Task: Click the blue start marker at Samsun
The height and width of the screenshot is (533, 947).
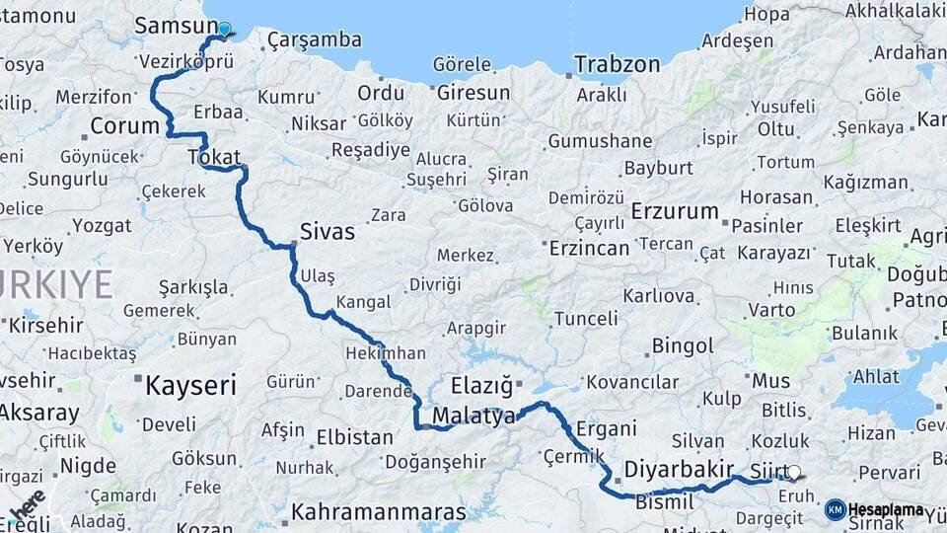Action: (x=224, y=30)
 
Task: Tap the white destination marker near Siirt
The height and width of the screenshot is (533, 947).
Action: (x=794, y=473)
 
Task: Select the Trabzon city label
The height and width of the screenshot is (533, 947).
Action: (x=618, y=64)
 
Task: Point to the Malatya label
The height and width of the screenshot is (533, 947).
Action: (x=473, y=416)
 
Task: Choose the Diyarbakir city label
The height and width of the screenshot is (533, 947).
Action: (x=680, y=468)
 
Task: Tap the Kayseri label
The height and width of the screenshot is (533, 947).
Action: (x=190, y=384)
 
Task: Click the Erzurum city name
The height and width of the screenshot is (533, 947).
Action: (x=675, y=211)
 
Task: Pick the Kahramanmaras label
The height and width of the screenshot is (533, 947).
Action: (x=378, y=513)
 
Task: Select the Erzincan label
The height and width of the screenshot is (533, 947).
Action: (x=589, y=248)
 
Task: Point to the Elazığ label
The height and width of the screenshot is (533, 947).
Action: (x=482, y=385)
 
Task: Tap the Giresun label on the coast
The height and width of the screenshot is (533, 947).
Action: (x=473, y=93)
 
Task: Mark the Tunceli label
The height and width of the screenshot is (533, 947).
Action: (x=586, y=319)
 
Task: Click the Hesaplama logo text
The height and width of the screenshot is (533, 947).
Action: (x=886, y=509)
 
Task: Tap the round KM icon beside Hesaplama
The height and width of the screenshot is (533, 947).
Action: (x=835, y=509)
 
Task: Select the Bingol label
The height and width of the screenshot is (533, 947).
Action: (x=682, y=346)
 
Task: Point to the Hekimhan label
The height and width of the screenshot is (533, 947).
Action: (x=386, y=352)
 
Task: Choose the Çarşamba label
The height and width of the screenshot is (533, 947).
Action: (x=314, y=40)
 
